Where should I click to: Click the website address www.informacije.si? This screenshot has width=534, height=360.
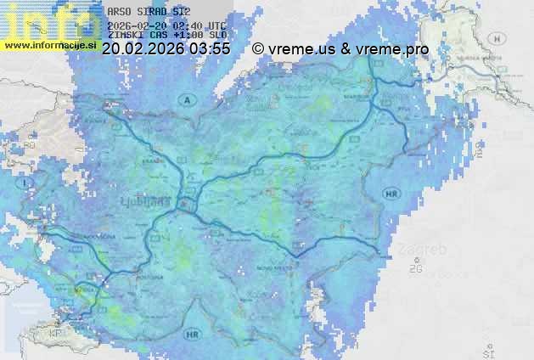[50, 44]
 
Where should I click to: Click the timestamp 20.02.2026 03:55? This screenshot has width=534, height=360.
[166, 49]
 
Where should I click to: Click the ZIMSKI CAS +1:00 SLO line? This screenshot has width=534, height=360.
[166, 35]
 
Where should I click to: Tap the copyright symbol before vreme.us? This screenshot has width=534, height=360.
[258, 49]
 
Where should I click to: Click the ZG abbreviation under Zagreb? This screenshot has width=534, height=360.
[415, 269]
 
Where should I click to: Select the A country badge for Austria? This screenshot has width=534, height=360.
[185, 100]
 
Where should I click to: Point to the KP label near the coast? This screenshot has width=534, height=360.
[57, 333]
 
